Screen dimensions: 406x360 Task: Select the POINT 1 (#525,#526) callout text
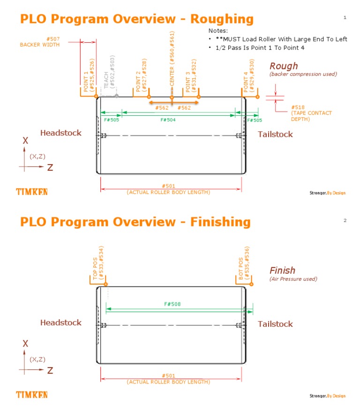point(89,75)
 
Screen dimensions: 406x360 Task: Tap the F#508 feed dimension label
point(172,304)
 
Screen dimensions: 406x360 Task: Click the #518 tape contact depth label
point(311,113)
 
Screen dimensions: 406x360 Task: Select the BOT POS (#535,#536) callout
point(244,264)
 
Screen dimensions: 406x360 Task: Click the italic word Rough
point(283,66)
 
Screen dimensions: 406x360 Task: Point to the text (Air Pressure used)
point(293,279)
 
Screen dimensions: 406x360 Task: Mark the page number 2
point(345,220)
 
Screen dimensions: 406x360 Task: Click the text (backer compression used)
point(303,74)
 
